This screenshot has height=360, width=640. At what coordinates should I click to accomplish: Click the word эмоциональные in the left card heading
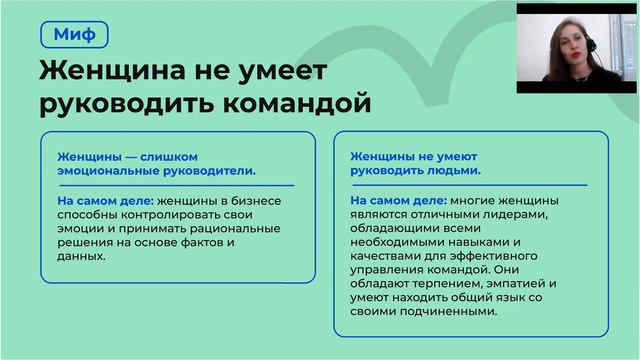(104, 171)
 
